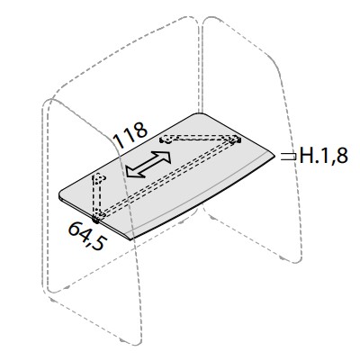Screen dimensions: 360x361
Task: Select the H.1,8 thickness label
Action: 324,156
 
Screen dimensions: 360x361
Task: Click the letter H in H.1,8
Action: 306,156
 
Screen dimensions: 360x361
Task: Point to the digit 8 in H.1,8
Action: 342,156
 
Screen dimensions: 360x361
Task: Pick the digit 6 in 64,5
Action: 75,229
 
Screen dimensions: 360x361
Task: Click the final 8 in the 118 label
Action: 140,130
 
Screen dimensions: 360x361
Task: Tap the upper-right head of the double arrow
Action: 164,157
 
